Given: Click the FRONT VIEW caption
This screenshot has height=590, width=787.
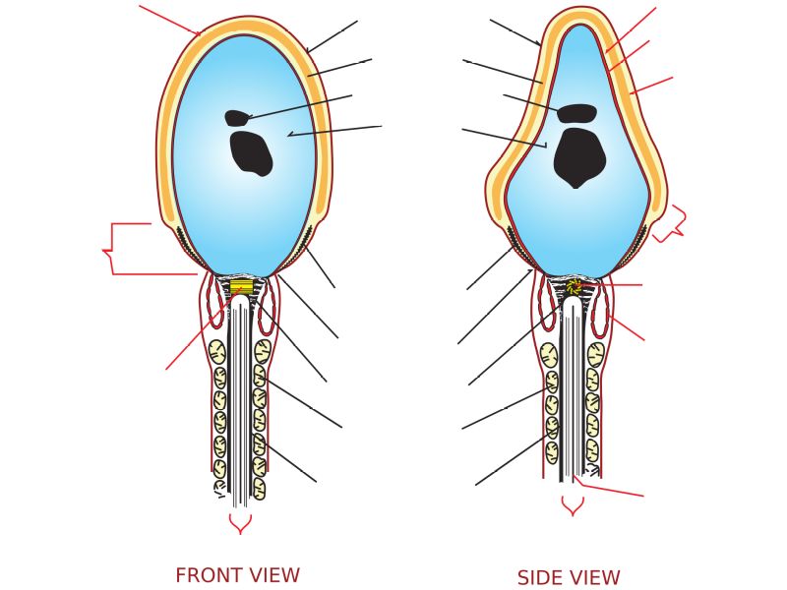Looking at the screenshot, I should click(237, 576).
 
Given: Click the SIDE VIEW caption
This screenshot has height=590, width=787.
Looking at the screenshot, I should click(569, 578).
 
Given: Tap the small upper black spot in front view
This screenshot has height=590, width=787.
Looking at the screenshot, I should click(236, 118).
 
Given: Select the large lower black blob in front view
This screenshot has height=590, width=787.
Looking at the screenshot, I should click(251, 153).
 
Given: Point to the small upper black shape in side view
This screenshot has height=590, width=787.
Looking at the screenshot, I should click(576, 113).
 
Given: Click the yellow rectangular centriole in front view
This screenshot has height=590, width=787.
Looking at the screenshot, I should click(241, 287).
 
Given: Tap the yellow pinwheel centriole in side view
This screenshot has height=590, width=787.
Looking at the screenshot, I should click(574, 287).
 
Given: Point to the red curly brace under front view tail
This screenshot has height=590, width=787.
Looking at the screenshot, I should click(240, 523).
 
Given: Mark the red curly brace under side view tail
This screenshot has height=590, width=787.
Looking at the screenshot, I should click(573, 505).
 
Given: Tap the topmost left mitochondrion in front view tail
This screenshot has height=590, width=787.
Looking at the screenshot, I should click(216, 352).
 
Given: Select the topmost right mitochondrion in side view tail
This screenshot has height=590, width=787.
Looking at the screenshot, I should click(595, 355).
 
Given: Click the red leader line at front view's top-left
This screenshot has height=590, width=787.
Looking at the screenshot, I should click(169, 20).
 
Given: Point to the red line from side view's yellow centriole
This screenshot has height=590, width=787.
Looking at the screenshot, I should click(615, 285).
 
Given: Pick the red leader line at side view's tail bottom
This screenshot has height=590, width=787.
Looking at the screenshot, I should click(610, 490).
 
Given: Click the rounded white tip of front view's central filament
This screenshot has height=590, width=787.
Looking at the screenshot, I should click(240, 303).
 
